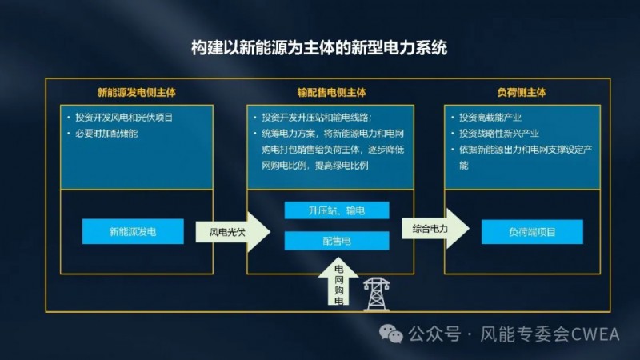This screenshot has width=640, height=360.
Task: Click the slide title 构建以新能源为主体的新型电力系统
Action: [319, 48]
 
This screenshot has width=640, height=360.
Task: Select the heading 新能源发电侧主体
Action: [137, 92]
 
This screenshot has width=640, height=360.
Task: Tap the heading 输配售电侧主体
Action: [332, 92]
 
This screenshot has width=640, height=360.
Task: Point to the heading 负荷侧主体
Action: [522, 92]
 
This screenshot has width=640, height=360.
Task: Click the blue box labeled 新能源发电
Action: [133, 231]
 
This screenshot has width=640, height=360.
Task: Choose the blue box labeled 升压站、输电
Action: [337, 210]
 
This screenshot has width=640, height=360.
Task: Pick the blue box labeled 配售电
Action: [337, 241]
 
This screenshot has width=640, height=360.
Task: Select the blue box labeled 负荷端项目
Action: [532, 232]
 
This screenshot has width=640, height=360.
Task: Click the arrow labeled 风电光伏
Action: [233, 232]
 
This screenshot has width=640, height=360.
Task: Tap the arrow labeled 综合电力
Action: [435, 229]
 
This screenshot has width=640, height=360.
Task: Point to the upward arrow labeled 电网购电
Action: [338, 282]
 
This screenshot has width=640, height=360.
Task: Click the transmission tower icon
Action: [376, 294]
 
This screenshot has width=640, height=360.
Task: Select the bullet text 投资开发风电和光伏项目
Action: [124, 118]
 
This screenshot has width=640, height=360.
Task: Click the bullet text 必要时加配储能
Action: [106, 134]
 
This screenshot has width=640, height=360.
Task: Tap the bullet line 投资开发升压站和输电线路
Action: [317, 118]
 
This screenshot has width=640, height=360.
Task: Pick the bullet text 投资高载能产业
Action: [490, 118]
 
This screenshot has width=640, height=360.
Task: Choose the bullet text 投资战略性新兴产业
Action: [498, 134]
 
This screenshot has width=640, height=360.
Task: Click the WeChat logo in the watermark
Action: [391, 334]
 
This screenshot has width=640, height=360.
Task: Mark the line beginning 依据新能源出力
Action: [526, 150]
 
